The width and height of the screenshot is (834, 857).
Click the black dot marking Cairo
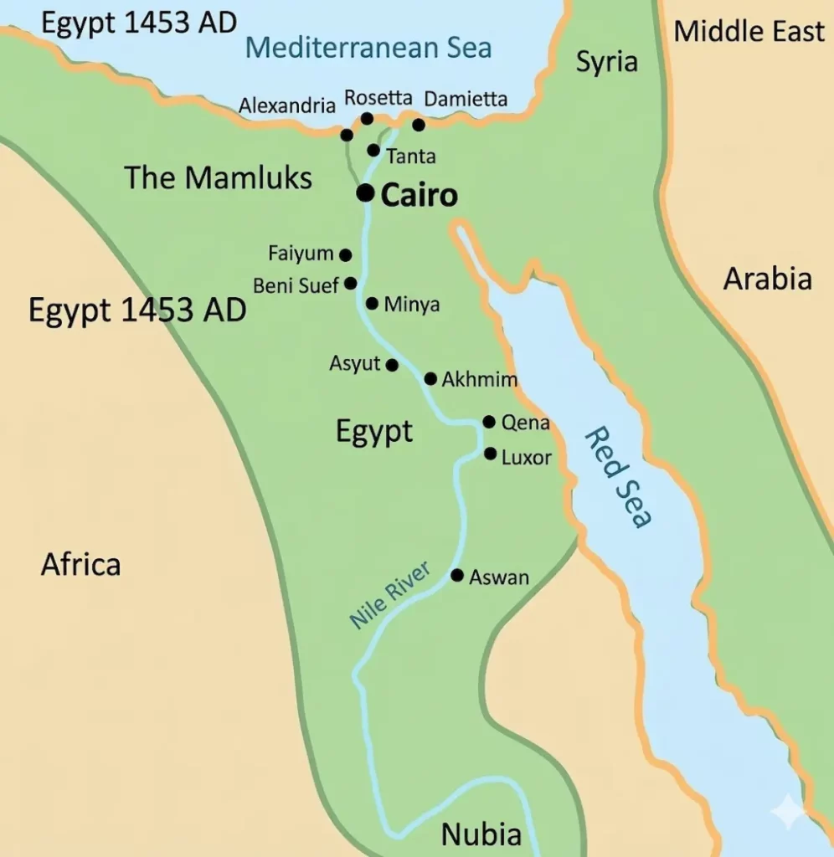tap(365, 193)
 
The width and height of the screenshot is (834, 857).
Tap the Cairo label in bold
tap(419, 195)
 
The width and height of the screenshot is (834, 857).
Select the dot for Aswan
tap(457, 576)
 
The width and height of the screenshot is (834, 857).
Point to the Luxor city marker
tap(491, 454)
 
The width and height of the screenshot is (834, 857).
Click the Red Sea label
tap(618, 477)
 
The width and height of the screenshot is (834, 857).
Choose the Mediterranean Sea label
tap(369, 47)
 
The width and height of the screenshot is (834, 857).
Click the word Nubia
tap(481, 834)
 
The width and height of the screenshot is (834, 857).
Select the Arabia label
tap(767, 279)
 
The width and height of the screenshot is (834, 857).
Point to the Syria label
tap(607, 61)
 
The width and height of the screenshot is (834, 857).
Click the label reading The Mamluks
tap(219, 177)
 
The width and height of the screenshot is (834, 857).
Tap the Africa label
tap(80, 565)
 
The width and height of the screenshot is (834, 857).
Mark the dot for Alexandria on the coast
tap(347, 135)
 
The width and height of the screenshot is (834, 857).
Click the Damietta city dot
tap(419, 125)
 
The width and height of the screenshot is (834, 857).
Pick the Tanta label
tap(411, 157)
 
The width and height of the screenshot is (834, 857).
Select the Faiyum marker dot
tap(345, 254)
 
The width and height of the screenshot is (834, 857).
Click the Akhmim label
tap(479, 380)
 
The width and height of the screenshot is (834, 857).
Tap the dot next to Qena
tap(489, 422)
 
